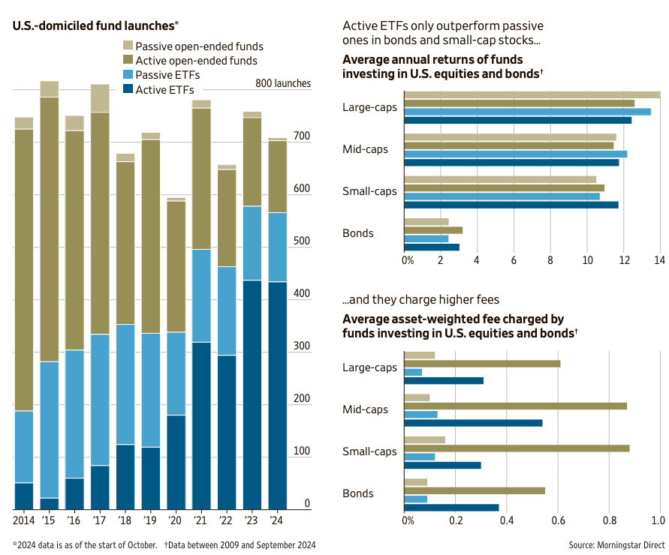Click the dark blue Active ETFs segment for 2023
252,394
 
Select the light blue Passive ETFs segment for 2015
50,429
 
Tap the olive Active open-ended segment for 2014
24,270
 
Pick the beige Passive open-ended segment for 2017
100,98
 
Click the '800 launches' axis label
283,83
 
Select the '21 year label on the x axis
200,519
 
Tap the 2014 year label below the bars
24,519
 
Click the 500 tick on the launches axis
302,241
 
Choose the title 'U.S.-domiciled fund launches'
92,25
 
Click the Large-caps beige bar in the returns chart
532,94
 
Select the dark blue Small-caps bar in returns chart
511,205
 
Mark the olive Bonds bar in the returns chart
433,230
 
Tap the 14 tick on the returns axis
659,260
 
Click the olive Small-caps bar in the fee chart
517,448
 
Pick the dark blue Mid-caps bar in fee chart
473,423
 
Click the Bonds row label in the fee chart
358,493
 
